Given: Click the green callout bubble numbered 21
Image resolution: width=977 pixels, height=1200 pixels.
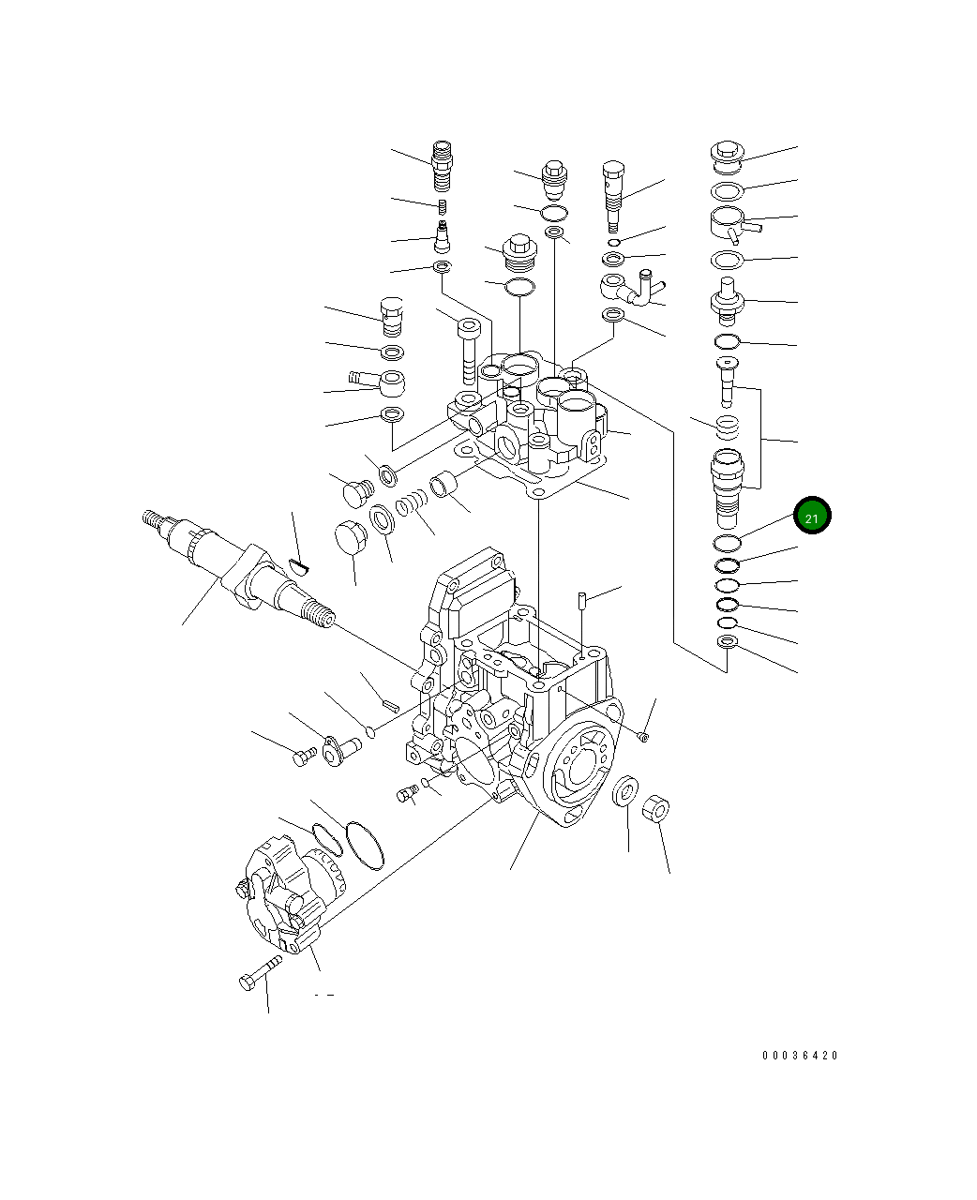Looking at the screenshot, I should point(812,517).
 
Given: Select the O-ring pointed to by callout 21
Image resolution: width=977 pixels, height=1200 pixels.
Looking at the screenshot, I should point(728,543).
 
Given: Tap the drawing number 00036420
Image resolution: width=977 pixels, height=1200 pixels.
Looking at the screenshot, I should point(800,1056).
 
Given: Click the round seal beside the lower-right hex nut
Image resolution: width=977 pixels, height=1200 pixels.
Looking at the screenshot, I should point(625,791).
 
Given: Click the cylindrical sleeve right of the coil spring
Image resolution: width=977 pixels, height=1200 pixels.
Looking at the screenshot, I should point(443,487).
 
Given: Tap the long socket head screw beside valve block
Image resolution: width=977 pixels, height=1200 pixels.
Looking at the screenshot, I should point(468,352).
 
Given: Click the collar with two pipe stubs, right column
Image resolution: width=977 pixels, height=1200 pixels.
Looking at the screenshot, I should point(733,225).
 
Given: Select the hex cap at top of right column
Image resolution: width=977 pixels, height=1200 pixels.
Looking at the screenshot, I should point(727,154).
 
